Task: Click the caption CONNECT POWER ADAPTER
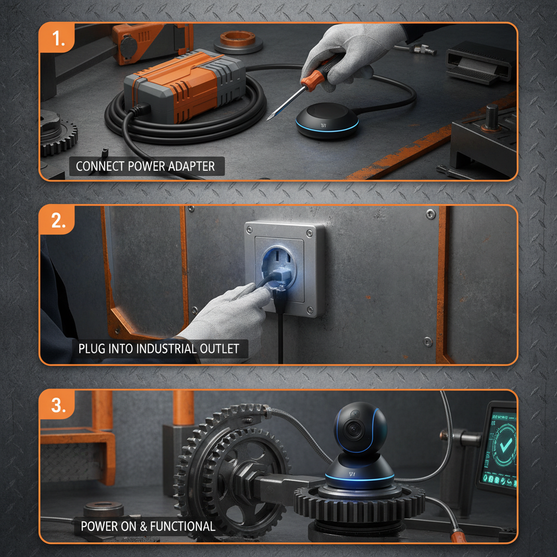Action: coord(146,166)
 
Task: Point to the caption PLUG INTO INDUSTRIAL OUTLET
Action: coord(159,348)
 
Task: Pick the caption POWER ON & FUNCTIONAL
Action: coord(148,526)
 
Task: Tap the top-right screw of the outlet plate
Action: coord(310,233)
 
